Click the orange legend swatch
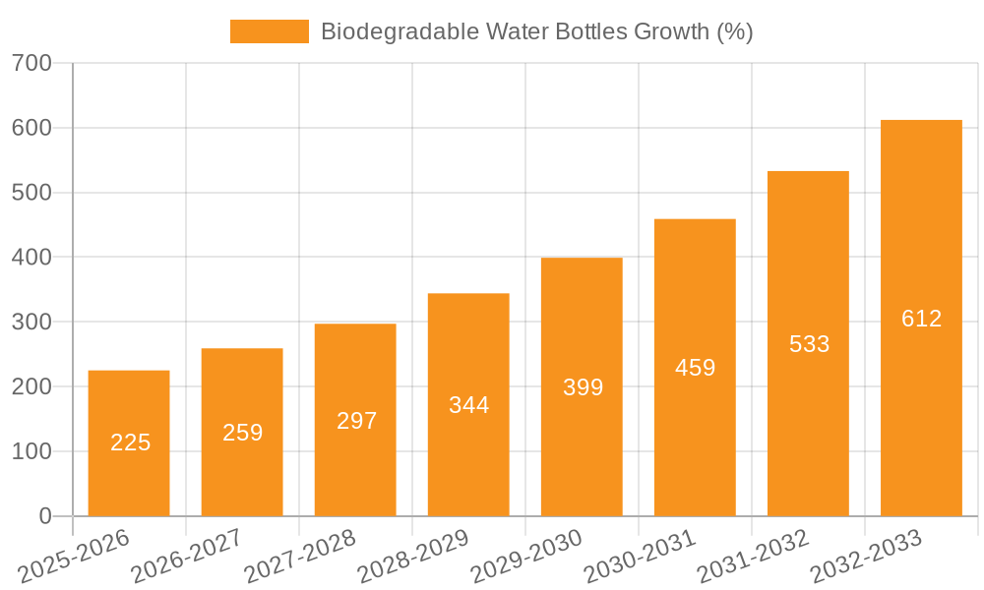click(269, 31)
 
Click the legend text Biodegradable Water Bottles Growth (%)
click(536, 31)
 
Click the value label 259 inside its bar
click(242, 432)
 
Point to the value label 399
click(583, 387)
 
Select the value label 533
click(809, 344)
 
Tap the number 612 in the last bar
click(921, 319)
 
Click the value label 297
click(356, 421)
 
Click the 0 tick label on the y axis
click(44, 516)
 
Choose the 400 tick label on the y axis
click(32, 258)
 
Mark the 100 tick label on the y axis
click(32, 451)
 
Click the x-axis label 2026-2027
click(186, 556)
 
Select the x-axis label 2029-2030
click(525, 556)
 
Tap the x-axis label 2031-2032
click(752, 556)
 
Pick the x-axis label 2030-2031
click(639, 556)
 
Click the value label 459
click(695, 368)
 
